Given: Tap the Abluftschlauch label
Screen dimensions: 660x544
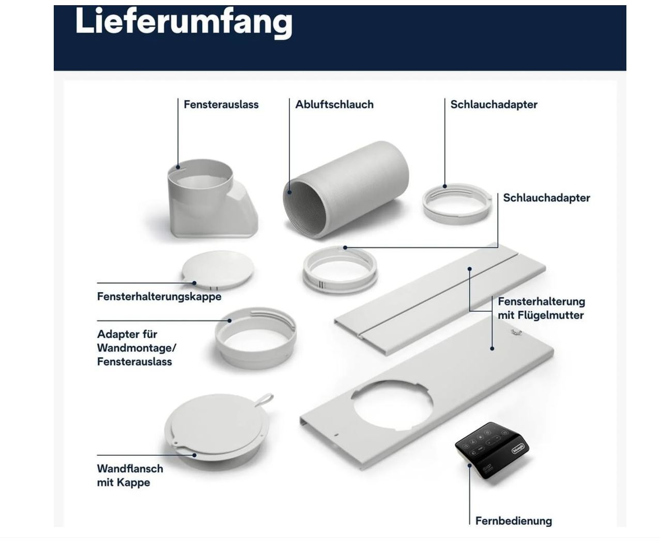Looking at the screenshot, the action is point(334,104).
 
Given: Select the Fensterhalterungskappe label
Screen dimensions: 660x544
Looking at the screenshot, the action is point(159,296).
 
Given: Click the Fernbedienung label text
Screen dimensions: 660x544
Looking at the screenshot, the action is point(513,521).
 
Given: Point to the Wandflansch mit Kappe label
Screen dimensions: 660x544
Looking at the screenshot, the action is point(130,475).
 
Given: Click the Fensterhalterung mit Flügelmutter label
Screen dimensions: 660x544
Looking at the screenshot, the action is point(541,308).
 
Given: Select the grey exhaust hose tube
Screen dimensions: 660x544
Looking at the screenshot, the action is point(346,189).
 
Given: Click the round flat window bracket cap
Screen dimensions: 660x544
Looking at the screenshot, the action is point(218,270).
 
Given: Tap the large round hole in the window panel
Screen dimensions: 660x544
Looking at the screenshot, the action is point(392,406).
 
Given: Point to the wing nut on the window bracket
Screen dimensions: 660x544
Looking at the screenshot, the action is point(516,331).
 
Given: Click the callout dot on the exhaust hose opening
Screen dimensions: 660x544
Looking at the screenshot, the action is point(289,193).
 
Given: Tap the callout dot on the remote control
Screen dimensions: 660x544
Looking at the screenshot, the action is point(469,466).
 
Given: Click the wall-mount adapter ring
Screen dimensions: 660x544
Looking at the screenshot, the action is point(255,338).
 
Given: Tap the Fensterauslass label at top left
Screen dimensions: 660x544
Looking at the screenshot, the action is point(221,104).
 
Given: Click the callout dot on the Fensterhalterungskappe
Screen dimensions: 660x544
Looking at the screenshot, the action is point(194,283).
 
